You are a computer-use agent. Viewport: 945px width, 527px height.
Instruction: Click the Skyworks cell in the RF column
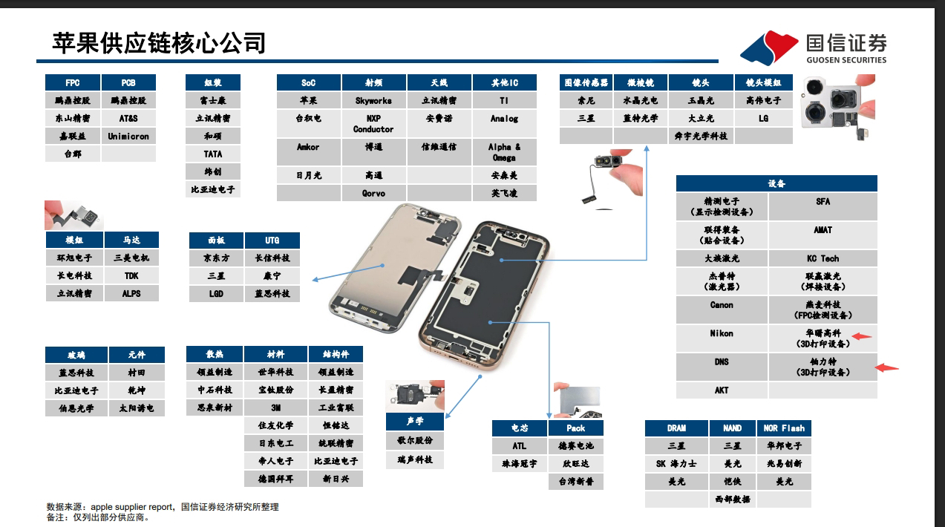[373, 100]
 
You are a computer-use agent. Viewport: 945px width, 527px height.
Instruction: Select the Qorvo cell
[373, 193]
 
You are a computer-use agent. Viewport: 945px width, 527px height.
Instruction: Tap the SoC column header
[308, 82]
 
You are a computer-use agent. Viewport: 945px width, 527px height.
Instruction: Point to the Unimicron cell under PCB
[128, 136]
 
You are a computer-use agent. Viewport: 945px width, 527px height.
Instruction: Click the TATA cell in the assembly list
[213, 154]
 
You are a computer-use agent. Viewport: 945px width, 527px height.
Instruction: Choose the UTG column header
[272, 240]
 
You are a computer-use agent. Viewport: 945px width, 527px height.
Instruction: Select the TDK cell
[131, 275]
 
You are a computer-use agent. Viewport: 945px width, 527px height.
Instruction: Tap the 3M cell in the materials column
[275, 407]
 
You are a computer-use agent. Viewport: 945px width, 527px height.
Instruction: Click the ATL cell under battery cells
[519, 446]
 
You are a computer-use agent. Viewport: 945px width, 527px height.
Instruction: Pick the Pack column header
[576, 428]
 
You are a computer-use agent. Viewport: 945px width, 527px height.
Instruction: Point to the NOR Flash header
[784, 428]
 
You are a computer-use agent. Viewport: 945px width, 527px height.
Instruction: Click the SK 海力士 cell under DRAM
[676, 464]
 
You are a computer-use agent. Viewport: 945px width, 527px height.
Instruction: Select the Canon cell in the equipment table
[722, 305]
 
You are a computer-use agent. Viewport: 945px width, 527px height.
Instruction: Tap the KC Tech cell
[823, 258]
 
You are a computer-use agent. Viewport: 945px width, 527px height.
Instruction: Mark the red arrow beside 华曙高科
[861, 336]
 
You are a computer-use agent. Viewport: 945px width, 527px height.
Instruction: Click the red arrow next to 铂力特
[887, 367]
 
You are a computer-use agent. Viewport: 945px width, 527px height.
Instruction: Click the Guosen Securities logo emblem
[768, 48]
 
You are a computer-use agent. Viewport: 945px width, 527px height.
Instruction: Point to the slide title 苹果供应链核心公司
[159, 43]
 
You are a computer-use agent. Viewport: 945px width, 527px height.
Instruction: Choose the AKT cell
[722, 390]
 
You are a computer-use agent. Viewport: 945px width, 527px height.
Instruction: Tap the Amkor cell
[308, 147]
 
